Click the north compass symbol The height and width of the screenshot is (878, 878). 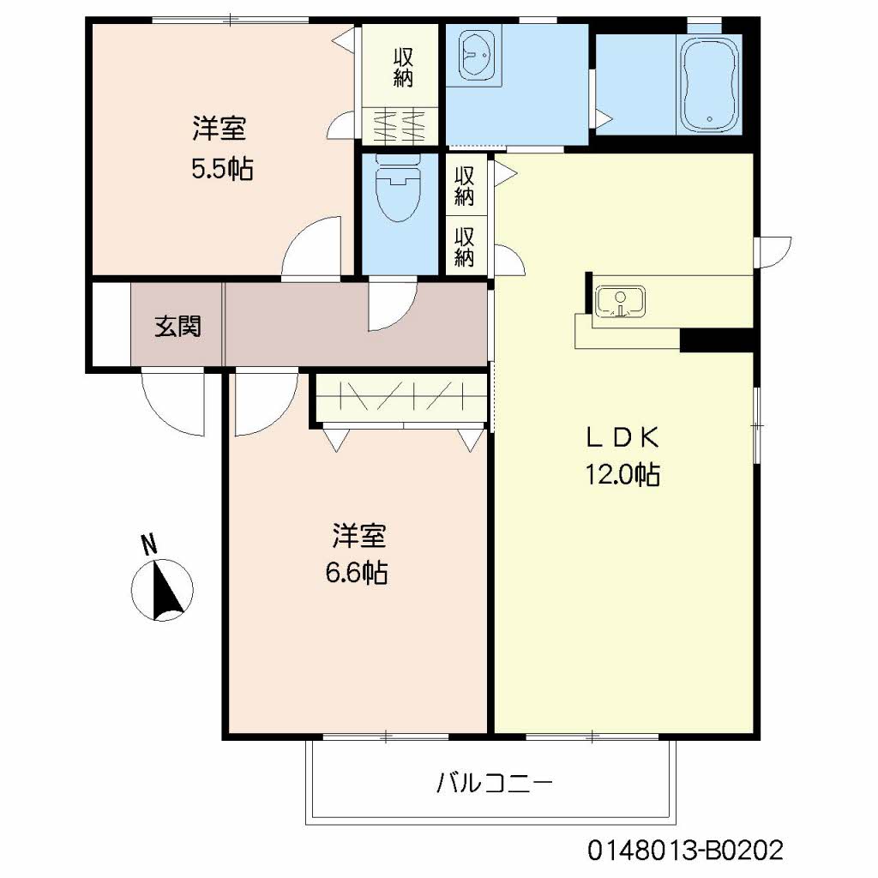163,589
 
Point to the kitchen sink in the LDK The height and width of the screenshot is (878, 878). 621,302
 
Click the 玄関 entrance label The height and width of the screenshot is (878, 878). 177,327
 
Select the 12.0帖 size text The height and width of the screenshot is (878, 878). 622,474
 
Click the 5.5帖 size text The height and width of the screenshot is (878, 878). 221,168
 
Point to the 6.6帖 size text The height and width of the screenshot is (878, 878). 356,572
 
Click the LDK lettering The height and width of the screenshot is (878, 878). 622,437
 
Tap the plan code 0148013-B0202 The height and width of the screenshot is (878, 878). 685,851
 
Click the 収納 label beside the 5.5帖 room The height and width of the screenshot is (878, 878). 403,67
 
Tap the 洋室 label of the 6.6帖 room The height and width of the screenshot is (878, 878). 358,538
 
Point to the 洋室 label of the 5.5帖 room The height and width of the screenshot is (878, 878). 219,130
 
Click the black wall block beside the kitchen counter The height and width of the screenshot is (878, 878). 716,340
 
